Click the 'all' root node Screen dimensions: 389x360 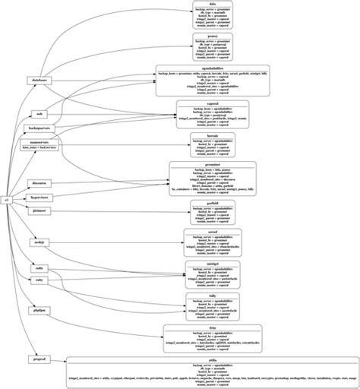(6, 199)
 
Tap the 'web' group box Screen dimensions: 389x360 (39, 113)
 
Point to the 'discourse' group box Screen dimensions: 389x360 (39, 183)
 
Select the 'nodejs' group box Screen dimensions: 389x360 (39, 242)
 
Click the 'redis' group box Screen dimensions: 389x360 (39, 267)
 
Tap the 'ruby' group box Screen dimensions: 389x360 (39, 280)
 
